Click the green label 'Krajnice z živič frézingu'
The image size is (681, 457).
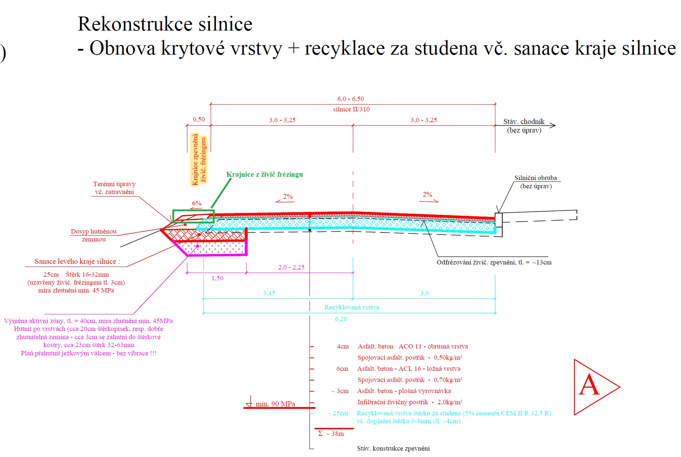(x=265, y=175)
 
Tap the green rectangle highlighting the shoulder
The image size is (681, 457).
(x=193, y=216)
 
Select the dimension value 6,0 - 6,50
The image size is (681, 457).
(x=350, y=99)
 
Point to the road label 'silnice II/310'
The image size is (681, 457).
(x=351, y=109)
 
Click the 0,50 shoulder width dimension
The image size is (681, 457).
(x=199, y=119)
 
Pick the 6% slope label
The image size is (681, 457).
(x=197, y=203)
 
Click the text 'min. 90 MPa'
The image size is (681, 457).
(x=275, y=404)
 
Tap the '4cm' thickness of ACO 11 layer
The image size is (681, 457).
(x=342, y=346)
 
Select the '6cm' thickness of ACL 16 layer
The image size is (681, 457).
(x=342, y=369)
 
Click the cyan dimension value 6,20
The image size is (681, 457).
(x=341, y=319)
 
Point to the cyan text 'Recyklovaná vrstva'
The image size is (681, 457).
(x=351, y=307)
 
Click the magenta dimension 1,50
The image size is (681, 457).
(x=217, y=278)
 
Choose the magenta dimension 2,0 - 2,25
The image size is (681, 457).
(x=291, y=267)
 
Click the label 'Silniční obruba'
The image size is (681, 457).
(x=535, y=178)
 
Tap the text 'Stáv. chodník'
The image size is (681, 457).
(x=523, y=122)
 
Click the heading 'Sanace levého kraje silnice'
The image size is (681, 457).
(x=77, y=262)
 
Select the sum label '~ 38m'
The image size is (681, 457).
(x=335, y=434)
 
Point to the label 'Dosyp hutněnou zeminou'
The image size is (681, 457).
(x=93, y=235)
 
